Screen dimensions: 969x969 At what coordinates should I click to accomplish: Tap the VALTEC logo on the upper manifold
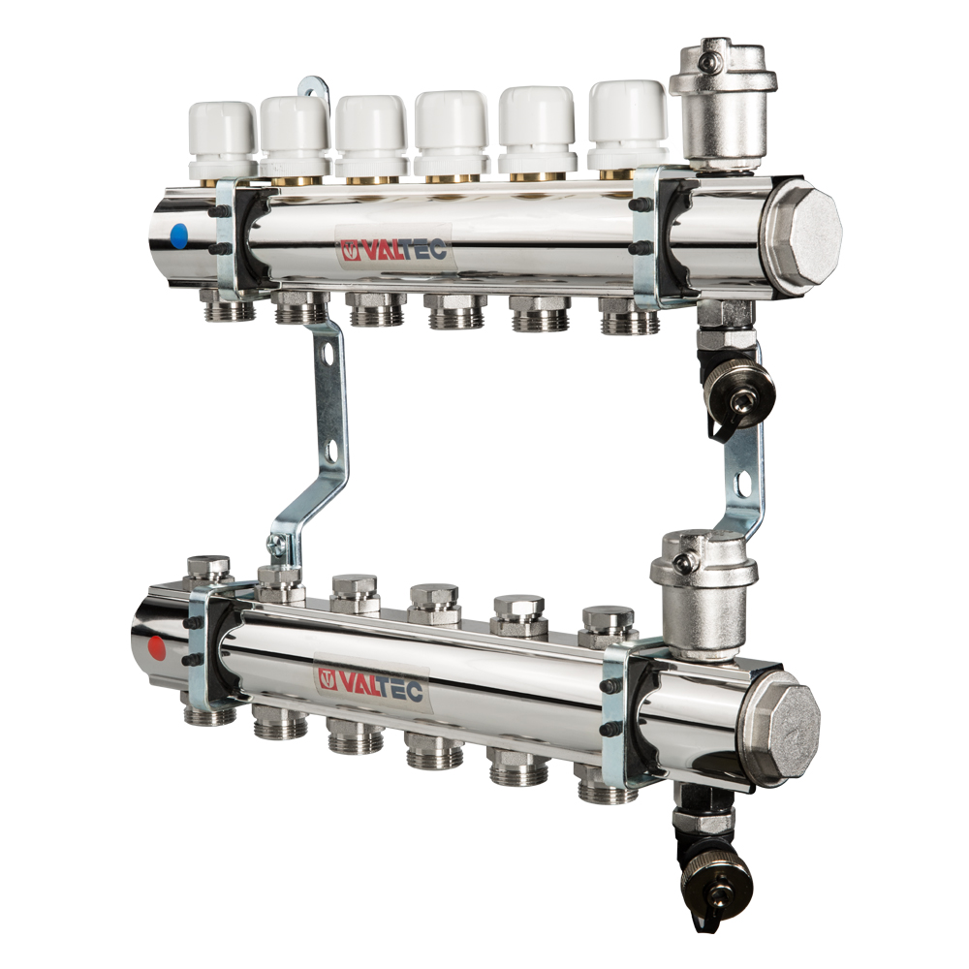point(393,250)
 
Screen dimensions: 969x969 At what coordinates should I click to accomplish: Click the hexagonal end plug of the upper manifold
point(801,228)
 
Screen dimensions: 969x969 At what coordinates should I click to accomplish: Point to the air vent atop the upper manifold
point(723,104)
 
